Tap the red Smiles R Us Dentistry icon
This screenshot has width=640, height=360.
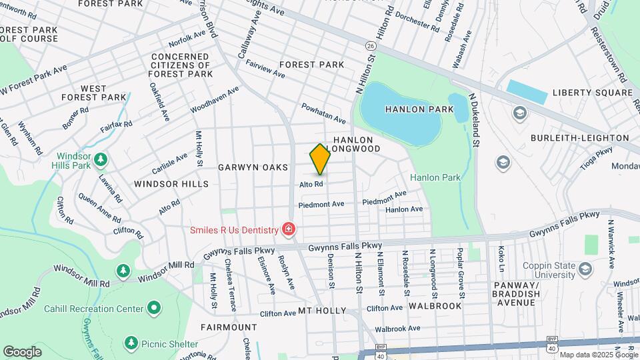click(x=288, y=230)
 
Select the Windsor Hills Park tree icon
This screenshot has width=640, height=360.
click(x=101, y=159)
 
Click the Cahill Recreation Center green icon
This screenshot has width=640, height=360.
click(x=154, y=309)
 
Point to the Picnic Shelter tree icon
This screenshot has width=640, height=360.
click(x=131, y=342)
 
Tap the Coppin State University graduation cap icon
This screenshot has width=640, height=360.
click(x=585, y=268)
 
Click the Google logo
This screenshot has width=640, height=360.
click(x=22, y=351)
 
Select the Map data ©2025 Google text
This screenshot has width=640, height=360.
click(x=599, y=355)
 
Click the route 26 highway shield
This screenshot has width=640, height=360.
click(x=370, y=45)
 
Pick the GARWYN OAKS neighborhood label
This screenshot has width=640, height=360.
click(x=253, y=167)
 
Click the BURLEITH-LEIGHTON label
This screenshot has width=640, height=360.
click(x=580, y=138)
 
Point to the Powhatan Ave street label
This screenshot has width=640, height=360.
click(x=324, y=113)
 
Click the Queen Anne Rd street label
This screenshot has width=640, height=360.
click(x=99, y=207)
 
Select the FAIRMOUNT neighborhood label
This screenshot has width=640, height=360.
click(x=229, y=327)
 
